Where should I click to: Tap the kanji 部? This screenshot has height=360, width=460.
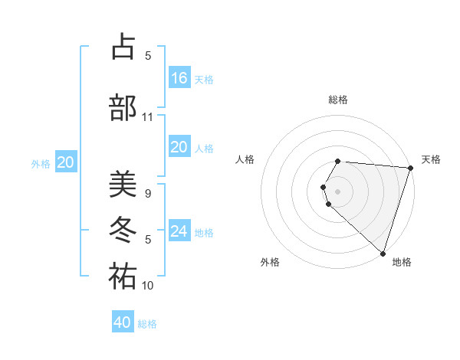coord(123,107)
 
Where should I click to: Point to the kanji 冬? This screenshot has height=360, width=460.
coord(123,230)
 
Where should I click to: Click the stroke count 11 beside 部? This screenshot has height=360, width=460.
coord(148,117)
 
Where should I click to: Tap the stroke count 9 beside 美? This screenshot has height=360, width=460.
coord(148,194)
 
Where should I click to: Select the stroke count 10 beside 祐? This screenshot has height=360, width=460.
coord(148,286)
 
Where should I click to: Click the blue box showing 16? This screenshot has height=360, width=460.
coord(179,77)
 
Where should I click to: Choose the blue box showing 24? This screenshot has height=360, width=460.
coord(179,231)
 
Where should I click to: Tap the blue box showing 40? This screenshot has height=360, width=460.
coord(123,322)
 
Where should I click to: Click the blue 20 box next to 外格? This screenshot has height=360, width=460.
coord(66,162)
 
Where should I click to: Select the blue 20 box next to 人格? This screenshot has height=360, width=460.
coord(179,147)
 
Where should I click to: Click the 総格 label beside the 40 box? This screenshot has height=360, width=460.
coord(147,324)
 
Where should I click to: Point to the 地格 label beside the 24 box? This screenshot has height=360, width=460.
coord(204,232)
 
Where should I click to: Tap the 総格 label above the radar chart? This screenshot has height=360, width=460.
coord(338,100)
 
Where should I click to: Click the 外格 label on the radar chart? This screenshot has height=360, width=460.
coord(270,262)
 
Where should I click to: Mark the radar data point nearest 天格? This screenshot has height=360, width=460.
coord(410,168)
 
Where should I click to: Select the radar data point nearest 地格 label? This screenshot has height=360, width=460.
coord(383,253)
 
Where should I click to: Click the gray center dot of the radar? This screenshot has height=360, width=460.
coord(338,190)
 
